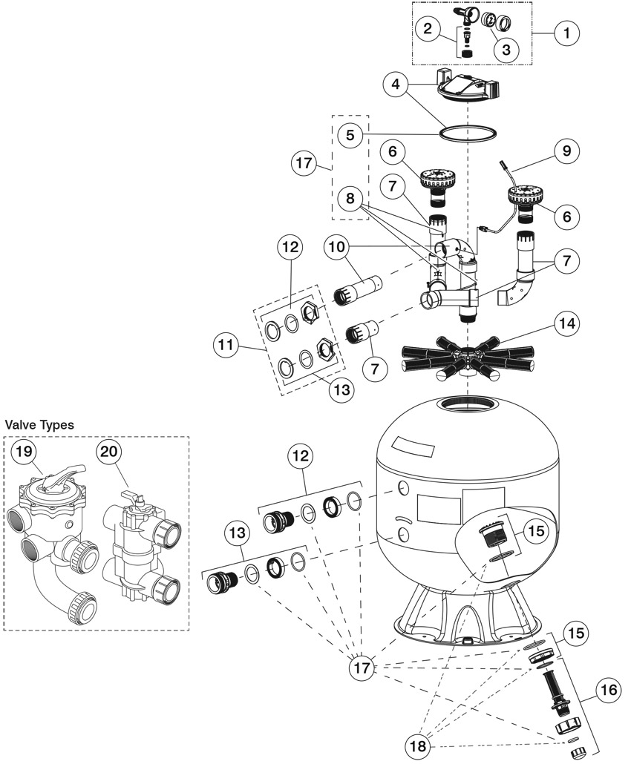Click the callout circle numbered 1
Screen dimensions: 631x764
pyautogui.click(x=566, y=33)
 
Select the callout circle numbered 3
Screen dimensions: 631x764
pyautogui.click(x=506, y=49)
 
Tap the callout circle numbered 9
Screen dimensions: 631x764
pyautogui.click(x=566, y=151)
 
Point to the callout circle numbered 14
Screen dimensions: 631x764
pyautogui.click(x=567, y=324)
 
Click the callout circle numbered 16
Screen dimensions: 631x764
pyautogui.click(x=609, y=689)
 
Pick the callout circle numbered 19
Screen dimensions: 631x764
pyautogui.click(x=24, y=451)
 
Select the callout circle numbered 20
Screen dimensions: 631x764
pyautogui.click(x=108, y=451)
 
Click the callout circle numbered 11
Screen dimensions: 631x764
pyautogui.click(x=226, y=345)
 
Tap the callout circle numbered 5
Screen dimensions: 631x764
pyautogui.click(x=350, y=134)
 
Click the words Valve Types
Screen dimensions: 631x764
pyautogui.click(x=39, y=425)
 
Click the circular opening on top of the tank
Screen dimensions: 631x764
pyautogui.click(x=467, y=405)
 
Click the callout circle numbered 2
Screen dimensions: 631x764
pyautogui.click(x=428, y=28)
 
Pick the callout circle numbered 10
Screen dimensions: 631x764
pyautogui.click(x=336, y=246)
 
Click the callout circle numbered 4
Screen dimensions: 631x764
pyautogui.click(x=396, y=85)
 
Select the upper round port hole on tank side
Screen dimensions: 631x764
pyautogui.click(x=403, y=488)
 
